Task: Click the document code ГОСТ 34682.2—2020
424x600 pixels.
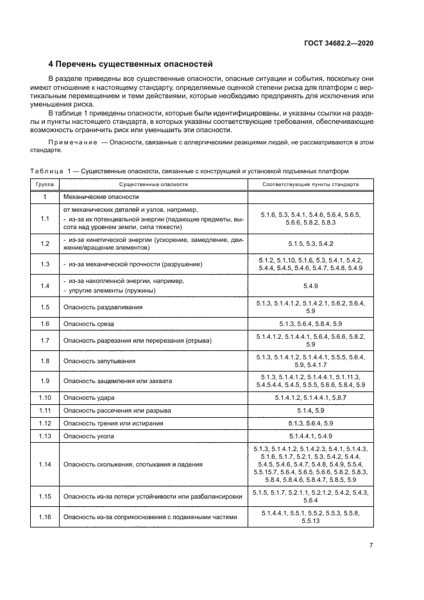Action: tap(339, 43)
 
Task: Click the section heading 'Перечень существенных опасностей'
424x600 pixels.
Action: tap(131, 64)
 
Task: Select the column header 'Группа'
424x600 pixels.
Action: tap(44, 184)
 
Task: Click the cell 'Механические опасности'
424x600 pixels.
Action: tap(101, 197)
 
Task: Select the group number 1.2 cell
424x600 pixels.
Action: tap(44, 244)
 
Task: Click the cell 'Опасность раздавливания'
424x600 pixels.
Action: tap(103, 307)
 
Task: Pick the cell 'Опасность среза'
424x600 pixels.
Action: tap(88, 323)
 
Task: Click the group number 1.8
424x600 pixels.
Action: tap(44, 361)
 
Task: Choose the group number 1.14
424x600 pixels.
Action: tap(44, 464)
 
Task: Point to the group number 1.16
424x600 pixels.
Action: tap(44, 517)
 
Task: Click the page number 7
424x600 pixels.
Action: tap(371, 545)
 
